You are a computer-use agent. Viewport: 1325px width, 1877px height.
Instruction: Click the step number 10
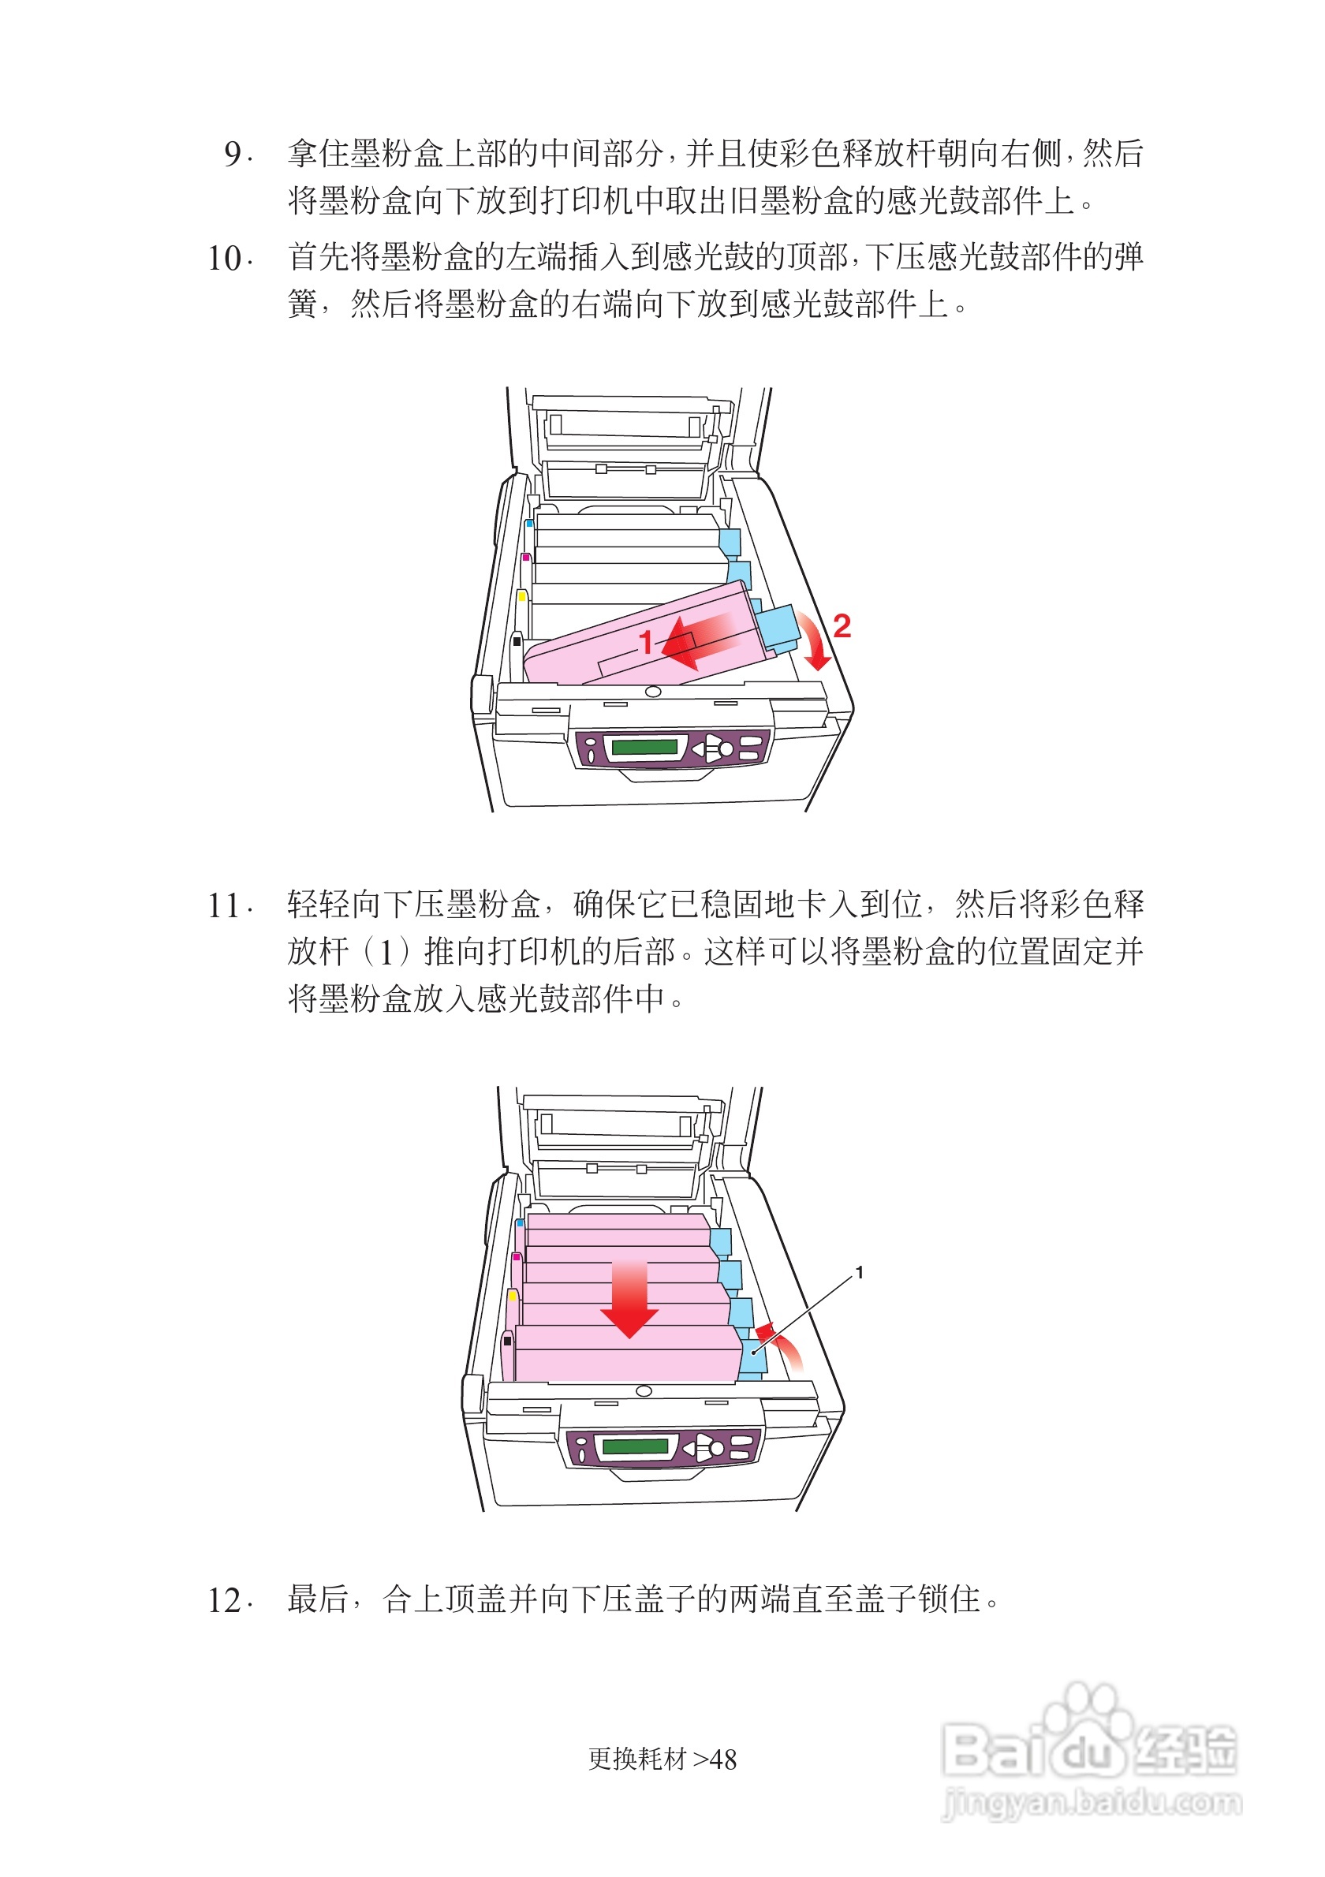(224, 259)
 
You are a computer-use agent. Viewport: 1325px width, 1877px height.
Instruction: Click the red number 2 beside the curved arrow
(841, 626)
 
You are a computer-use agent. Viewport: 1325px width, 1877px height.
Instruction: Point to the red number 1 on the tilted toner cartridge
(645, 643)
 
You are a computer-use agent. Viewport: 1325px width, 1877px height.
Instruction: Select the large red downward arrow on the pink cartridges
(629, 1299)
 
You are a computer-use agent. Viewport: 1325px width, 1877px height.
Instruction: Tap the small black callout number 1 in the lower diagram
(858, 1273)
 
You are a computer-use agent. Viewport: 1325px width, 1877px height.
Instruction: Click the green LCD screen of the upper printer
(644, 746)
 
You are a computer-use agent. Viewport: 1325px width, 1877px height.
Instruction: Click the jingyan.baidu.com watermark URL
(1092, 1803)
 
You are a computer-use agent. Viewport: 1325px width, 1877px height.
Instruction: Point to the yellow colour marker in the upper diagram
(521, 595)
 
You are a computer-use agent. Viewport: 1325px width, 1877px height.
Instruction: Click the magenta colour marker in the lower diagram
(516, 1257)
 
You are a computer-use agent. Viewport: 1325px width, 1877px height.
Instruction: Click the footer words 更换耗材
(636, 1759)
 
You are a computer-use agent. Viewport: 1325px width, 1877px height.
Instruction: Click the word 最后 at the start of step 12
(318, 1599)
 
